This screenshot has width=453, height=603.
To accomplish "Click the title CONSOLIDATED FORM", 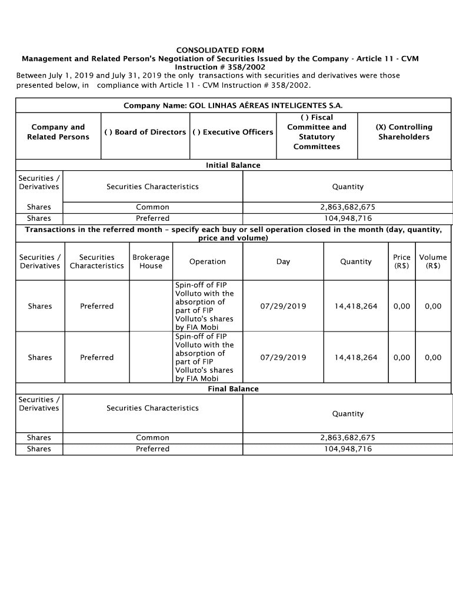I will coord(220,50).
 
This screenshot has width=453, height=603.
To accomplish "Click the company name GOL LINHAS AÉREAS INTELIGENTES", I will coord(232,106).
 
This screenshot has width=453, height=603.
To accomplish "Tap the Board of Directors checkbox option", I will coord(145,132).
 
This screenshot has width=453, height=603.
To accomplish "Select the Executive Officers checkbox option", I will coord(232,132).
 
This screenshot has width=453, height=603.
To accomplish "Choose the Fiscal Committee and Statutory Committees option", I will coord(317,132).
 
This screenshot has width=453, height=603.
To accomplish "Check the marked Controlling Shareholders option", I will coord(404,132).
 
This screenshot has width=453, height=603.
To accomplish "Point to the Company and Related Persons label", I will coord(58,132).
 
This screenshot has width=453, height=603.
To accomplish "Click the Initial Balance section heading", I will coord(233,165).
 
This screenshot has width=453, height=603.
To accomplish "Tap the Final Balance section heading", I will coord(233,389).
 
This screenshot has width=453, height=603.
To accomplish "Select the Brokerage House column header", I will coord(151,261).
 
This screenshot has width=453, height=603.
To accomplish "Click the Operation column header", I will coord(207,261).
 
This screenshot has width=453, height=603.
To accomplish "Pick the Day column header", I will coord(283,261).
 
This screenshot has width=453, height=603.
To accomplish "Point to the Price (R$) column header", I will coord(402,261).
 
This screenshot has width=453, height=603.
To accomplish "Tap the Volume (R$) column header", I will coord(432,261).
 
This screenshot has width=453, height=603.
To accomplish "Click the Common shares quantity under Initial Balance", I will coord(347,207).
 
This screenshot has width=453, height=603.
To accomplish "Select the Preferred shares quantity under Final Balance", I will coord(347,449).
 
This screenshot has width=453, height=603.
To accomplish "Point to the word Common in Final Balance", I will coord(152,438).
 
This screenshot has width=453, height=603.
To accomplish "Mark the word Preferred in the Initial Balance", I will coord(152,218).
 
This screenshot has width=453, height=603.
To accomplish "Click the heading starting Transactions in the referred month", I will coord(233,234).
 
